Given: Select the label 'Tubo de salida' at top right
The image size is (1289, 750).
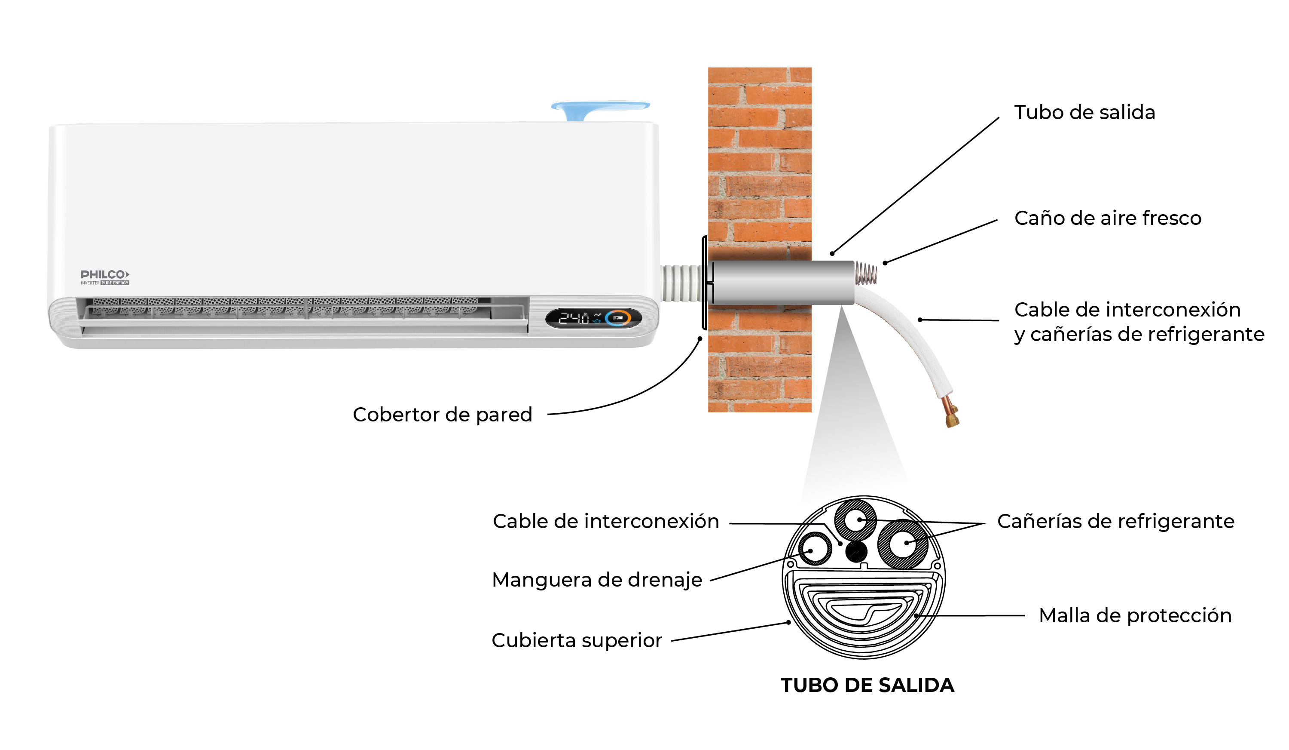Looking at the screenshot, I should click(1084, 113).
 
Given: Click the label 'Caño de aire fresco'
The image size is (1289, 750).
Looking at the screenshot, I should click(1107, 218).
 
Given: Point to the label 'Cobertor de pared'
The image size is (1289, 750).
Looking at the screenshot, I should click(443, 415).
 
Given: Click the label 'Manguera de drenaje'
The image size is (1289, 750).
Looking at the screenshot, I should click(597, 580).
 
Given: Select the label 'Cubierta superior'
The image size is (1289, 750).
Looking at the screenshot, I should click(577, 640).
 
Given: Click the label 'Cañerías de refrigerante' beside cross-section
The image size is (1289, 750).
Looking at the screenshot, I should click(1115, 522).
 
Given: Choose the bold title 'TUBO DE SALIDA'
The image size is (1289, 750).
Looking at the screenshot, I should click(867, 685).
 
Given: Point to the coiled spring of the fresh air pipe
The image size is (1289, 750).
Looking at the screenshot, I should click(866, 274).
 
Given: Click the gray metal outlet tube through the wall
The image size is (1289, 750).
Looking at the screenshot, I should click(782, 282).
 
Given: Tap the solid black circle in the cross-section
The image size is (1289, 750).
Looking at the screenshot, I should click(856, 552).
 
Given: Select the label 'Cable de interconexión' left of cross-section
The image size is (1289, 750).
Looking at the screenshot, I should click(606, 522).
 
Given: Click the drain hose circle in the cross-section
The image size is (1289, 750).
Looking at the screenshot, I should click(815, 549).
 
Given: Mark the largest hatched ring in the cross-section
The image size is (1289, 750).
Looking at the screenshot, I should click(903, 544).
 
